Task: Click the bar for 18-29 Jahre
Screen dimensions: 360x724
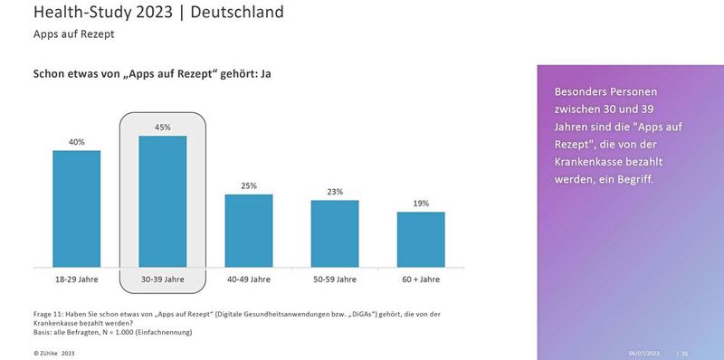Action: pos(76,208)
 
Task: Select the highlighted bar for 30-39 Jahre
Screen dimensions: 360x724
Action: pos(162,201)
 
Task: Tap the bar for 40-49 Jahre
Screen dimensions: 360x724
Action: pos(248,231)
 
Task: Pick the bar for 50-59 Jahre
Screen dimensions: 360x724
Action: pos(335,233)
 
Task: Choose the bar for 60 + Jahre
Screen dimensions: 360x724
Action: pos(421,239)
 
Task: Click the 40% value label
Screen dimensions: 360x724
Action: pos(76,142)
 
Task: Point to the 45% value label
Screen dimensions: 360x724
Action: pos(162,128)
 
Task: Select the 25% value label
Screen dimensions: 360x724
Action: pos(248,185)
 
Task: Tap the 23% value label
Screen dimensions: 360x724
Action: pos(335,192)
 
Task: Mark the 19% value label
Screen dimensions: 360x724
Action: pos(421,204)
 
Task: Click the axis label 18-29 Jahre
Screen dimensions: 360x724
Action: pos(76,279)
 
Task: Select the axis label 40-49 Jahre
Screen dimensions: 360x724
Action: pos(248,279)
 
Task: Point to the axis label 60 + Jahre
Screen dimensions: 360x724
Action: pos(421,279)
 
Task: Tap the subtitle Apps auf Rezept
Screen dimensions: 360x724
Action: pos(73,34)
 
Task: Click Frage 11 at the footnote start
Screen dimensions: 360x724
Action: pos(51,313)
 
